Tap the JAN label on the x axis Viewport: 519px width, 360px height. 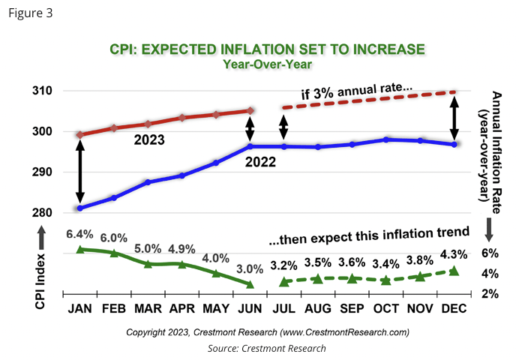pyautogui.click(x=79, y=308)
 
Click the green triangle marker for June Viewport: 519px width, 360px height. pyautogui.click(x=250, y=284)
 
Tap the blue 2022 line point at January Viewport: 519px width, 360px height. pyautogui.click(x=79, y=208)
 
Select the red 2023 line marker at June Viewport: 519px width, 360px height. pyautogui.click(x=250, y=111)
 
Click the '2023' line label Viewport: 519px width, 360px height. pyautogui.click(x=150, y=139)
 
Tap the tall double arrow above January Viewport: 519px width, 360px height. pyautogui.click(x=79, y=171)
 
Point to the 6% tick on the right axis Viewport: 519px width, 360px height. pyautogui.click(x=491, y=254)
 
